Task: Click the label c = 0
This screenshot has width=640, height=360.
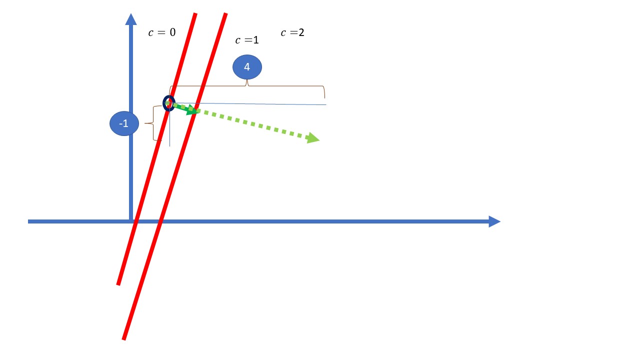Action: coord(162,32)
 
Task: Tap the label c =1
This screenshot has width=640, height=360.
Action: coord(247,40)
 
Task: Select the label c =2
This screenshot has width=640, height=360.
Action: coord(292,32)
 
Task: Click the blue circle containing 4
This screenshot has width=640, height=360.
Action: coord(247,67)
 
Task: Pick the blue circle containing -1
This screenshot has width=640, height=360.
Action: coord(124,123)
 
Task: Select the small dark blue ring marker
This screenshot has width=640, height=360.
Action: coord(169,103)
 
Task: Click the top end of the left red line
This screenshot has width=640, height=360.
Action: coord(195,13)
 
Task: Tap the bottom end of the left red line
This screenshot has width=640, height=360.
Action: coord(118,284)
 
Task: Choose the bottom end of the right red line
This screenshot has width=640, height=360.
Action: coord(123,339)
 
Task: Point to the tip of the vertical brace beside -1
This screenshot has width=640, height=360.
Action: coord(145,123)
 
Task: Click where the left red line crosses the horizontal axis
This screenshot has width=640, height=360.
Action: coord(135,221)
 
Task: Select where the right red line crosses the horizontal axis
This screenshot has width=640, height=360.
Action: coord(160,221)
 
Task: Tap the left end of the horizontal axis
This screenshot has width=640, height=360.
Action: coord(28,221)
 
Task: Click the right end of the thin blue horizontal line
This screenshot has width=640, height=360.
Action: coord(326,105)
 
